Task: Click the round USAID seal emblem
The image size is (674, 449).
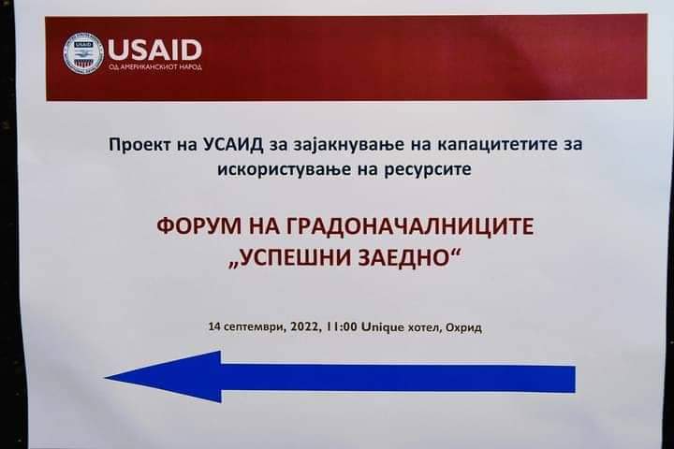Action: point(83,52)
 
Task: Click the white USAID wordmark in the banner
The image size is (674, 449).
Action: point(154,50)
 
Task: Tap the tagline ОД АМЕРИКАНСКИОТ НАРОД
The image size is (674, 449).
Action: point(155,67)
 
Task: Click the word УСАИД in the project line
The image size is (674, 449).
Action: point(231,144)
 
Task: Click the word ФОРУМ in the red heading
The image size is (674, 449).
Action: point(199,226)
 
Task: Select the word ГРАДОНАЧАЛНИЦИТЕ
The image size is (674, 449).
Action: point(410,226)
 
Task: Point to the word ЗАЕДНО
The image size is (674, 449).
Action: point(414,258)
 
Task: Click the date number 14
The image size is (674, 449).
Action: point(214,326)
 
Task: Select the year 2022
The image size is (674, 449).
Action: point(305,326)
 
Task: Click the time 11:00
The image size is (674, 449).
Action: point(342,326)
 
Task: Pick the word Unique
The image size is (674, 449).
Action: point(383,327)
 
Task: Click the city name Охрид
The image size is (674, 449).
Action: point(463,328)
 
